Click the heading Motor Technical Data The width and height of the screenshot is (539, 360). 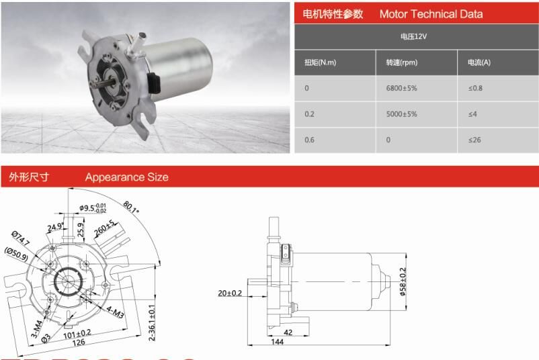(x=431, y=14)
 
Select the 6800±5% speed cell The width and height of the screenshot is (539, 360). (x=401, y=88)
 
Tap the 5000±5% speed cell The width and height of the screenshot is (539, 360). (x=401, y=114)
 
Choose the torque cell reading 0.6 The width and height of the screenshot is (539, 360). (x=310, y=140)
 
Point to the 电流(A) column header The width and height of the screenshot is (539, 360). (x=479, y=62)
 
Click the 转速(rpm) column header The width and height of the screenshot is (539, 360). (x=401, y=62)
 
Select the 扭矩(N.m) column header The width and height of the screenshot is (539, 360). (x=321, y=62)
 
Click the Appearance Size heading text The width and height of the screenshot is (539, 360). (x=126, y=177)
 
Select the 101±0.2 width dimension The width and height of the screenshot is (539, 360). (x=78, y=333)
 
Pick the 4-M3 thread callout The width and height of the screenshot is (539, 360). (x=115, y=310)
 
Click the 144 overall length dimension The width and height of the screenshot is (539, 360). (x=278, y=342)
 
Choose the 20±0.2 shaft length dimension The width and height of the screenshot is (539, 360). (x=230, y=293)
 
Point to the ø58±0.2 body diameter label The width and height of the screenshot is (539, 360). (x=403, y=281)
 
